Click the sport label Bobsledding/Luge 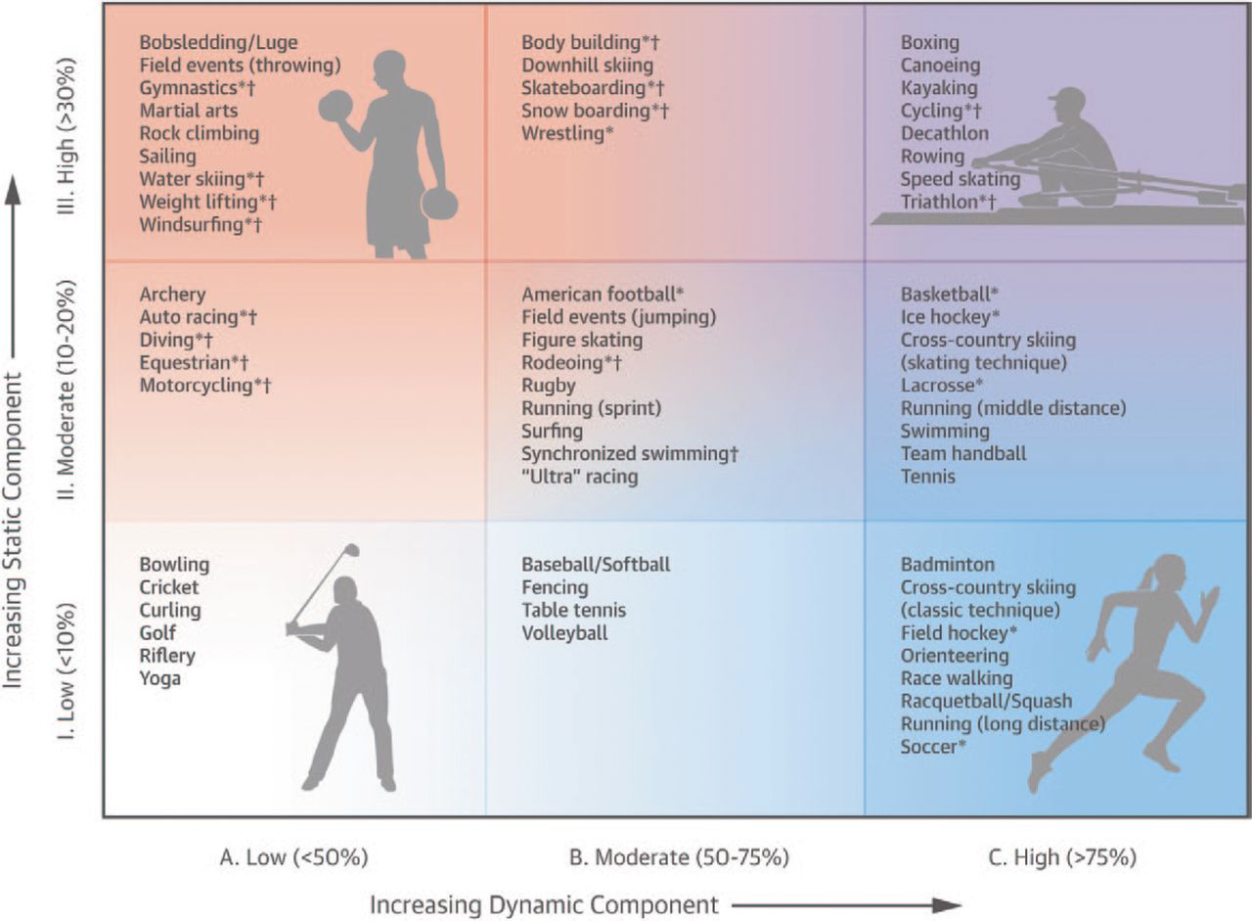click(x=218, y=43)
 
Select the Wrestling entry click(x=566, y=134)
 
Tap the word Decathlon click(x=945, y=134)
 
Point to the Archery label click(x=173, y=295)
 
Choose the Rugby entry click(x=549, y=386)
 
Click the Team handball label click(x=963, y=453)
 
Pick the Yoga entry click(x=159, y=679)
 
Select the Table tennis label click(x=573, y=610)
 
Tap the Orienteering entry click(x=955, y=656)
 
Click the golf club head click(x=353, y=550)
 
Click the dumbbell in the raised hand click(x=335, y=108)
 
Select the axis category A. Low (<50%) click(x=294, y=857)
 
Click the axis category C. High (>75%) click(x=1062, y=857)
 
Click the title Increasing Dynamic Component click(x=544, y=905)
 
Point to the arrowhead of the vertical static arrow click(x=14, y=190)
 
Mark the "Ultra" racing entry click(x=580, y=477)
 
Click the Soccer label click(x=933, y=747)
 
